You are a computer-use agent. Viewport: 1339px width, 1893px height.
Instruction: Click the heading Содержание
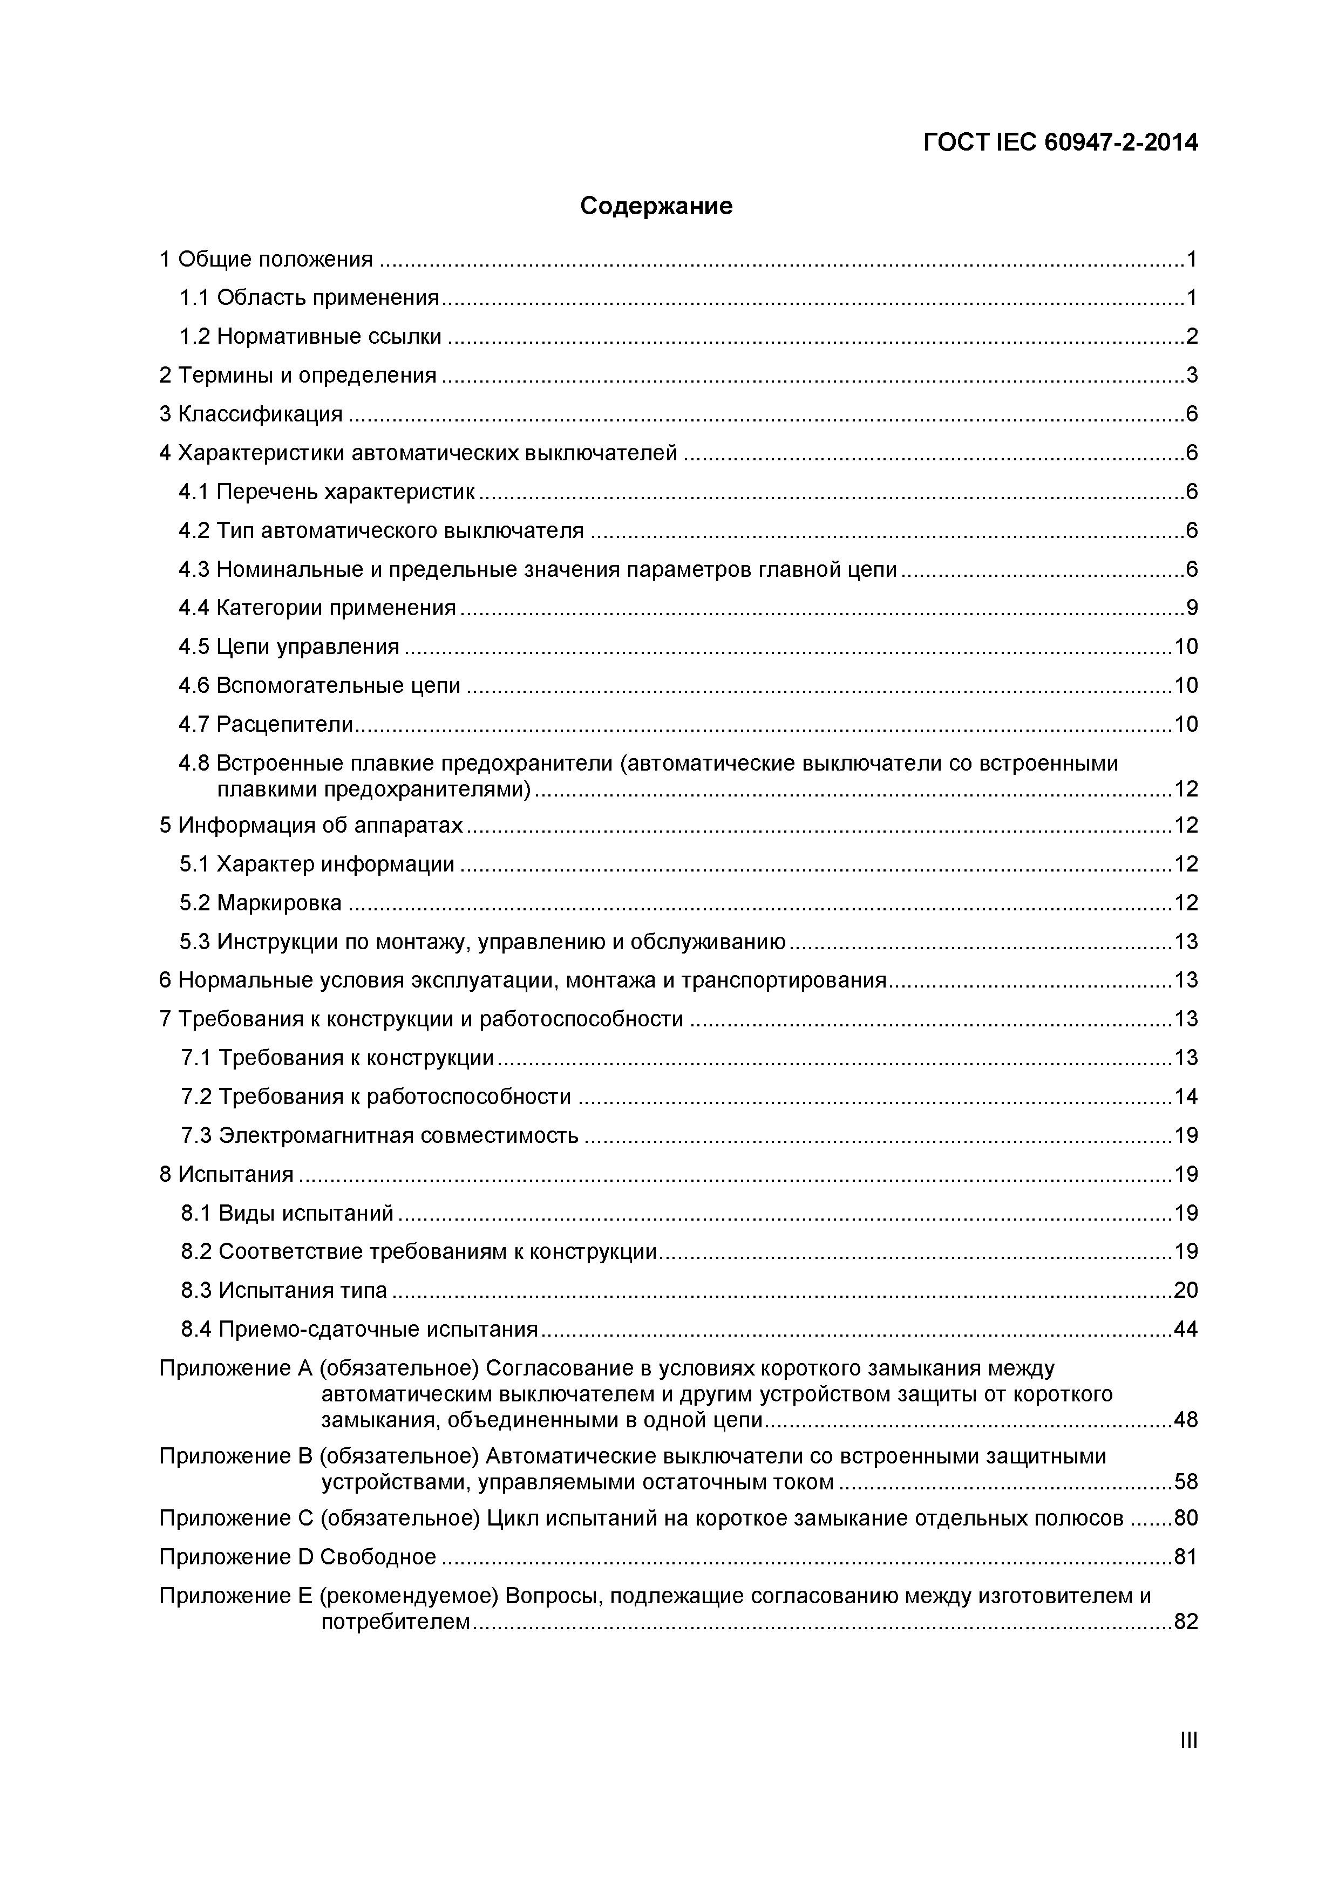click(x=656, y=205)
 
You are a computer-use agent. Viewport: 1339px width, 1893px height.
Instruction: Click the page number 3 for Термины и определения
click(x=1192, y=375)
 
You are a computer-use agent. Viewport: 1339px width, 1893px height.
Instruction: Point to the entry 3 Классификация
click(x=250, y=414)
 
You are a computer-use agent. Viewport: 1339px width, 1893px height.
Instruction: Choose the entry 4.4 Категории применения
click(x=317, y=608)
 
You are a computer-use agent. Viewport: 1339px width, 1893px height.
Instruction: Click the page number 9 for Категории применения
click(x=1192, y=608)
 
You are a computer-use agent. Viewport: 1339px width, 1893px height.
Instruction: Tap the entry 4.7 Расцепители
click(x=266, y=724)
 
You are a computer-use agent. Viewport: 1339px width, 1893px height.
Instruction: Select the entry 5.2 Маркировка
click(x=261, y=903)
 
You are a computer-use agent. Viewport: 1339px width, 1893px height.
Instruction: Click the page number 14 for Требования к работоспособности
click(x=1186, y=1097)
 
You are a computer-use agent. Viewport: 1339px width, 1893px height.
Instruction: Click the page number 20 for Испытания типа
click(x=1186, y=1290)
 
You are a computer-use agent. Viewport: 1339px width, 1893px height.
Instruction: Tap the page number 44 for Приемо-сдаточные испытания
click(x=1186, y=1329)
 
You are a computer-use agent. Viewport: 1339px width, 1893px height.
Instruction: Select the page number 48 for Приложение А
click(x=1186, y=1420)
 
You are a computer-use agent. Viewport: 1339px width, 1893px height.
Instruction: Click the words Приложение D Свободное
click(x=298, y=1557)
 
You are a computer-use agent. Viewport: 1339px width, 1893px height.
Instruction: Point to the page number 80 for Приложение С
click(x=1186, y=1518)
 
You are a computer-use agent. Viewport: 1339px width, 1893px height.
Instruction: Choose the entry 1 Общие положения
click(x=266, y=259)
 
